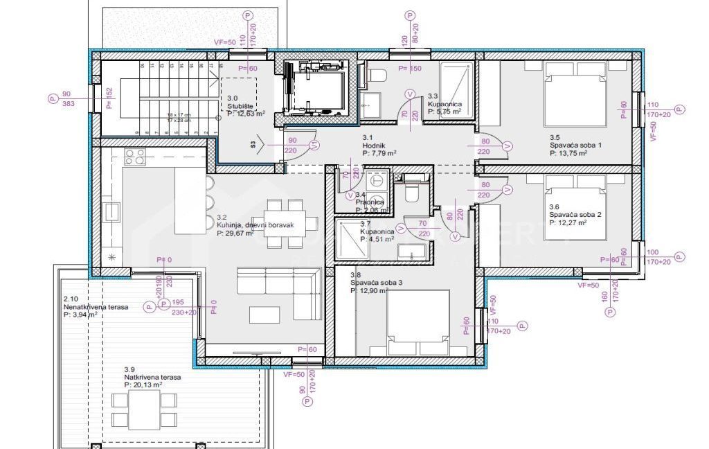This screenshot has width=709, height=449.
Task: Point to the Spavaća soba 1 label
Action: (x=575, y=146)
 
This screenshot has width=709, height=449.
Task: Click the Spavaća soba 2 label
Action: (x=575, y=215)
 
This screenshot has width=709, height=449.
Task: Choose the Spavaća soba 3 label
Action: (x=375, y=284)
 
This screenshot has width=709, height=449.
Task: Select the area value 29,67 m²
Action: (x=235, y=234)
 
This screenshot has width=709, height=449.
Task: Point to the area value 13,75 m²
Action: (x=569, y=154)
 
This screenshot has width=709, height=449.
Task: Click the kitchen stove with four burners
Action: (x=135, y=157)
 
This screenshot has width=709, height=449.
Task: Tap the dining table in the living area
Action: (x=286, y=223)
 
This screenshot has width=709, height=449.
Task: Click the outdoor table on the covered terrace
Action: (x=144, y=409)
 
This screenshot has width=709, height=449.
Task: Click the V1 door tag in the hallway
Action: (x=314, y=146)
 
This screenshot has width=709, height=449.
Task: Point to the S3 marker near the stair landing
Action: (x=254, y=146)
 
